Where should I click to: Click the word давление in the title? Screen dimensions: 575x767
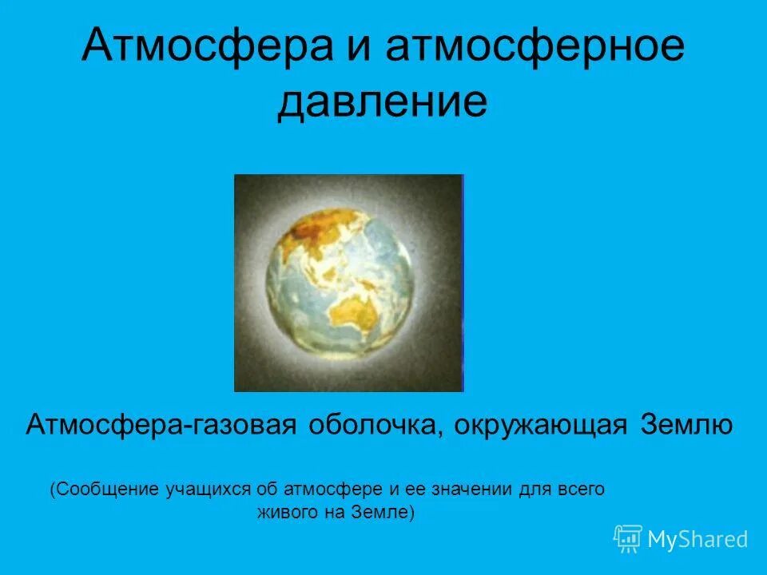pos(382,104)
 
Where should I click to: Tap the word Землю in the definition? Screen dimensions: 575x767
pos(686,424)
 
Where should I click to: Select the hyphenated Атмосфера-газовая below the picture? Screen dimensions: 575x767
pos(163,424)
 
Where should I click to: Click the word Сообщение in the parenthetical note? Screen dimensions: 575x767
pos(100,489)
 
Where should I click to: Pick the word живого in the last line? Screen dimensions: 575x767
pos(286,512)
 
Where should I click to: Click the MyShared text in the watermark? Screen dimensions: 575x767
pos(697,540)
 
